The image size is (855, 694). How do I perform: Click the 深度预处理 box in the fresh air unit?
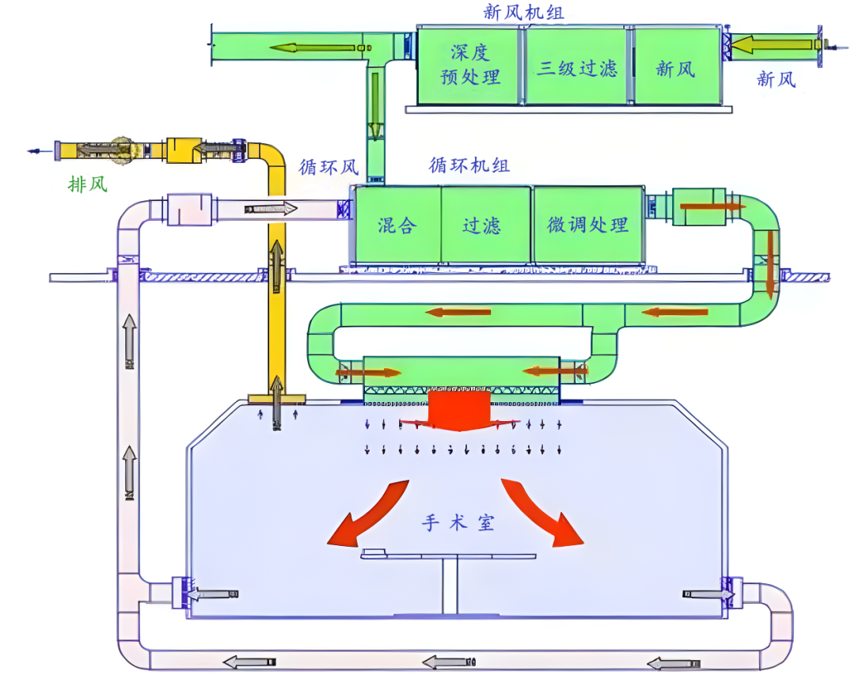click(469, 66)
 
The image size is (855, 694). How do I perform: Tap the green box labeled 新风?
click(676, 68)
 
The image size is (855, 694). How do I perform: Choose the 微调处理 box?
click(587, 225)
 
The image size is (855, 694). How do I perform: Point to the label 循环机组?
click(469, 165)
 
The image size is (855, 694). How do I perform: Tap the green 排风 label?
click(87, 184)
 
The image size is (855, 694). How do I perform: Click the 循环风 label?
click(329, 167)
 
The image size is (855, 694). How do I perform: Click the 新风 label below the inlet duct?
click(777, 79)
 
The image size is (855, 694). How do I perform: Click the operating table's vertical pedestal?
click(450, 586)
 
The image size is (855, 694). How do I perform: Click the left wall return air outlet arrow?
click(214, 594)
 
